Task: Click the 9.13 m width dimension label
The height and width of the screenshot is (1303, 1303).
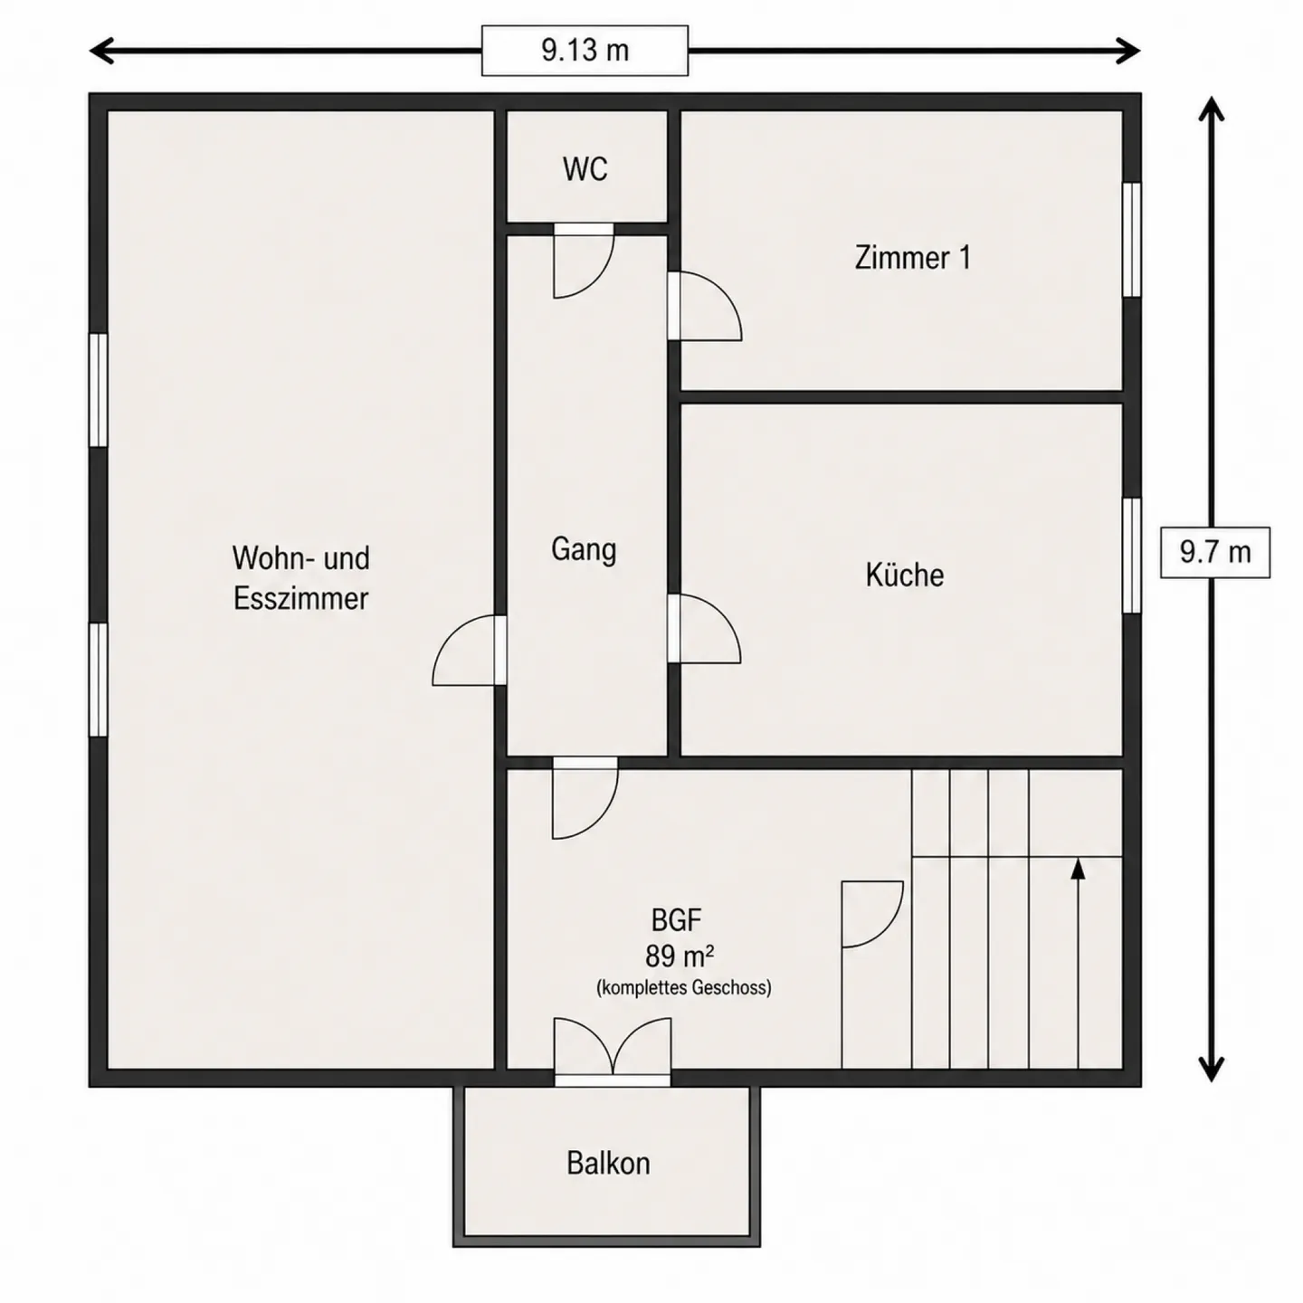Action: click(x=585, y=51)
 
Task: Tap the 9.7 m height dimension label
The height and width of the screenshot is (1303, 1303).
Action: click(x=1215, y=553)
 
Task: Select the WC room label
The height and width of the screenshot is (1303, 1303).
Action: click(x=585, y=169)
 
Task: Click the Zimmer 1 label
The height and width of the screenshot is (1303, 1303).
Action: click(x=912, y=258)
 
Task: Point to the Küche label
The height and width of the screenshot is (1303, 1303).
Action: click(x=905, y=574)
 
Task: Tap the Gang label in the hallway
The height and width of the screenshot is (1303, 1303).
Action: click(x=584, y=549)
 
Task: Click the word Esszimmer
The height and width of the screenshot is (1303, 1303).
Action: click(x=301, y=598)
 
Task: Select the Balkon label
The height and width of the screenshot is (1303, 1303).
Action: click(x=608, y=1163)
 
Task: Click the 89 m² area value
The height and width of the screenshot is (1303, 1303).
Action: click(x=680, y=956)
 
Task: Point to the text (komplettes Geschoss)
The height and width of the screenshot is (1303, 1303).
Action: click(x=683, y=988)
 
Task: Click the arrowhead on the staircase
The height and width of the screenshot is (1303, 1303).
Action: click(x=1078, y=869)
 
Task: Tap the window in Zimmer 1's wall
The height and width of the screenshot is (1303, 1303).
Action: click(x=1132, y=240)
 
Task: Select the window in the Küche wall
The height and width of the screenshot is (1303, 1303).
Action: click(x=1132, y=556)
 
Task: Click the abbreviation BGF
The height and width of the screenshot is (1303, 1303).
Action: click(x=676, y=920)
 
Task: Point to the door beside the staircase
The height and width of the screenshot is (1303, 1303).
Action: click(x=872, y=914)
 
